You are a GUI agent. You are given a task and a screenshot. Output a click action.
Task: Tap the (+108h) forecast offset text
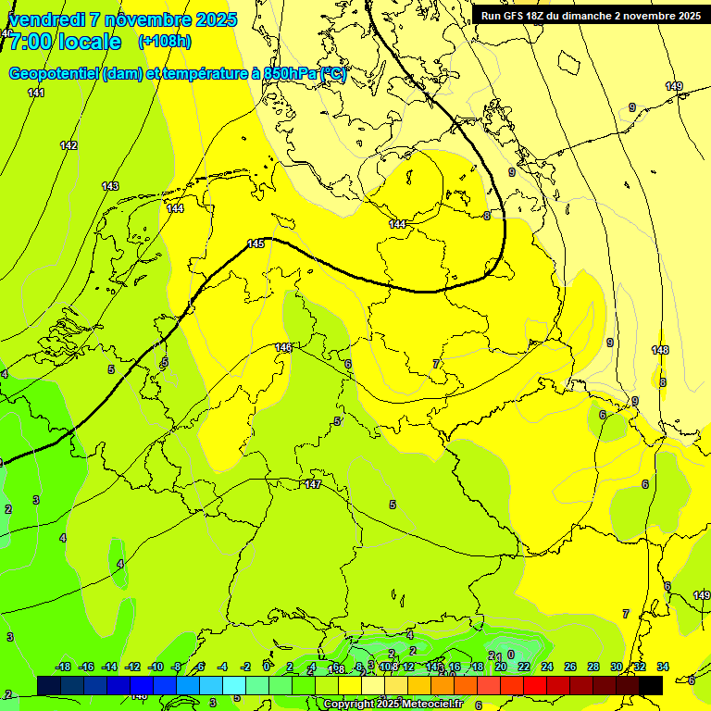[x=164, y=42]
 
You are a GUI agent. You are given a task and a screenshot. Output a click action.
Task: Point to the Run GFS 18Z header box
[x=591, y=16]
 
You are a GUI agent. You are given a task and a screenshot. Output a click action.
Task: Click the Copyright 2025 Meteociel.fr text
[x=393, y=705]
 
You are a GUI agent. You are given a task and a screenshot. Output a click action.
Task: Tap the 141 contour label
[x=36, y=93]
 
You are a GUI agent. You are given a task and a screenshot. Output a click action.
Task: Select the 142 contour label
[x=69, y=145]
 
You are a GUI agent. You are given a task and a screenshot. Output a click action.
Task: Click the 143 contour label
[x=110, y=186]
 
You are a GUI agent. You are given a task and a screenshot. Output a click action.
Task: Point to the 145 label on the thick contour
[x=256, y=243]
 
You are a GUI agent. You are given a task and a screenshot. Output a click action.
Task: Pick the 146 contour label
[x=284, y=347]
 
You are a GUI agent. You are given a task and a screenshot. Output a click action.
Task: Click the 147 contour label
[x=313, y=484]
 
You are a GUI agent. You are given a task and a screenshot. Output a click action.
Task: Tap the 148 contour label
[x=660, y=350]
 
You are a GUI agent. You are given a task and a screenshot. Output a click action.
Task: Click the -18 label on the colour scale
[x=63, y=667]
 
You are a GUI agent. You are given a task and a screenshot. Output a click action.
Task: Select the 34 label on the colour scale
[x=663, y=667]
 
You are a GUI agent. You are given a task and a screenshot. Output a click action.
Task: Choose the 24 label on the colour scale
[x=547, y=667]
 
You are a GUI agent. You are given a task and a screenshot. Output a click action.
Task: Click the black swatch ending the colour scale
[x=651, y=685]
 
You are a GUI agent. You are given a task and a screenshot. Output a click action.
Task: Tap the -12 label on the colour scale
[x=132, y=667]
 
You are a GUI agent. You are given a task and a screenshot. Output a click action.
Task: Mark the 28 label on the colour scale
[x=593, y=667]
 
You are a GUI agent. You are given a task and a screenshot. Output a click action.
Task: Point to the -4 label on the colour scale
[x=222, y=667]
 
